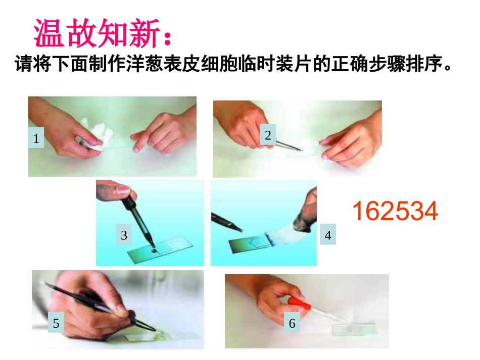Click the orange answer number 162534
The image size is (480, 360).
[x=395, y=211]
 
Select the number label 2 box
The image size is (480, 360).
[x=268, y=135]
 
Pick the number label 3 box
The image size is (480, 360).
[x=124, y=235]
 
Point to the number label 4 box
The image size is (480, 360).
[x=327, y=235]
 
